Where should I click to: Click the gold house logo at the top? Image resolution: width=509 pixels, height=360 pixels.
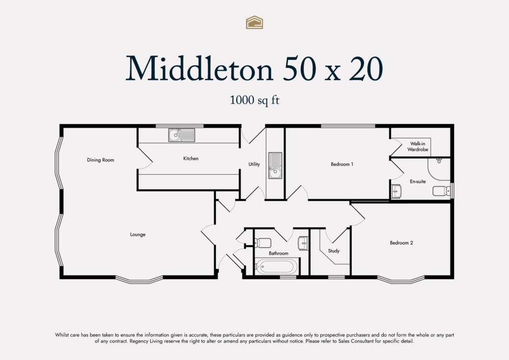pos(254,22)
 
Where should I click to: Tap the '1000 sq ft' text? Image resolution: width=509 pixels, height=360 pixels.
pos(254,100)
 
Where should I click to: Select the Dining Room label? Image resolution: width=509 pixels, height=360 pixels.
pos(100,160)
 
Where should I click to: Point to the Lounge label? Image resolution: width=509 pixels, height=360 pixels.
pos(137,235)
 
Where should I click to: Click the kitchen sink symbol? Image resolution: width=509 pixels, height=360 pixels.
pos(182,135)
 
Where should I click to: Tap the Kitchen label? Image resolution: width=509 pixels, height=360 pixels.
pos(191,158)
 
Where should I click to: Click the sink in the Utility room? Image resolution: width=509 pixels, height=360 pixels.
pos(275,165)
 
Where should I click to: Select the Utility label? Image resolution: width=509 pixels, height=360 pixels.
pos(254,164)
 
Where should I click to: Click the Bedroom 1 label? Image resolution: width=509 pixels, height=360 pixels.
pos(342,164)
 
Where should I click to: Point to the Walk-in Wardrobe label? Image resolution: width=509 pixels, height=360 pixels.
pos(418,147)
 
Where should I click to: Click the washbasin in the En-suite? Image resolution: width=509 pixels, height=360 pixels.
pos(397,191)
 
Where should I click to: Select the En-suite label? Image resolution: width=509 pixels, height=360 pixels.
pos(418,181)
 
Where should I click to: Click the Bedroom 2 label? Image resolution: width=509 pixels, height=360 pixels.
pos(401,243)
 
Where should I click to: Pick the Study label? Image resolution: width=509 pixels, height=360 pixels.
pos(333,251)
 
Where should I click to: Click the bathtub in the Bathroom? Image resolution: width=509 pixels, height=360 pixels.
pos(275,267)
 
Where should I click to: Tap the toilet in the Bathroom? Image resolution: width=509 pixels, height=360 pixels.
pos(263,243)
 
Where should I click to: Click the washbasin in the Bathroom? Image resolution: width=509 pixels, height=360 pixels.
pos(303,243)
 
